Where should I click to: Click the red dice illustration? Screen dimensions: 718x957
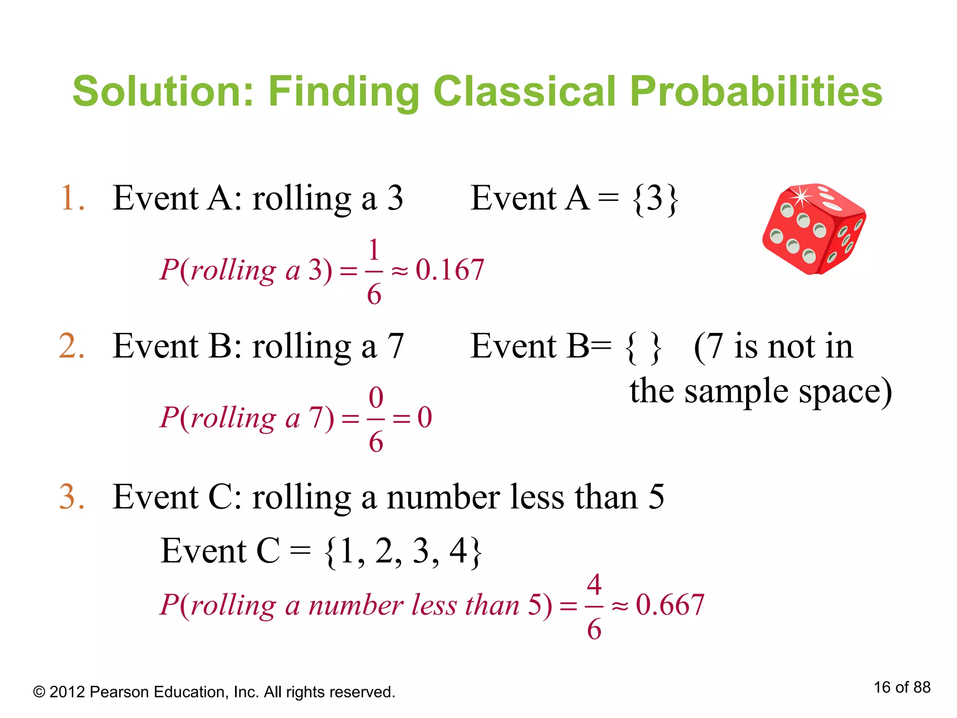[x=814, y=229]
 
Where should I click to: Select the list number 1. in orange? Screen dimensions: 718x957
[x=72, y=199]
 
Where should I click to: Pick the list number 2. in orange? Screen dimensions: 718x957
[x=72, y=347]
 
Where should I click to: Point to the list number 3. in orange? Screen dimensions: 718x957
[x=72, y=497]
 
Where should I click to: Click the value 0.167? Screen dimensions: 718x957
[x=450, y=270]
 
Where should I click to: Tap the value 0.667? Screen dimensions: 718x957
[x=670, y=605]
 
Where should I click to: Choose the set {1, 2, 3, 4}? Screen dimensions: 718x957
[x=403, y=552]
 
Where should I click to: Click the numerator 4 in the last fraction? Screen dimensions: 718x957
[x=594, y=584]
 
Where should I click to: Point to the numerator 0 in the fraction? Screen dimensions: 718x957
[x=376, y=398]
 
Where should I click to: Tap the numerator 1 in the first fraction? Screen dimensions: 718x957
[x=374, y=250]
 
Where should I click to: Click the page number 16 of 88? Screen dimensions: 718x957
[x=902, y=687]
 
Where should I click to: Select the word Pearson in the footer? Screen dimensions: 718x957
[x=120, y=692]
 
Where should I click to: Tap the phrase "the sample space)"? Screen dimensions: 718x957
[x=760, y=392]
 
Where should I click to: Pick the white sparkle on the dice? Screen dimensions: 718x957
[x=801, y=196]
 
